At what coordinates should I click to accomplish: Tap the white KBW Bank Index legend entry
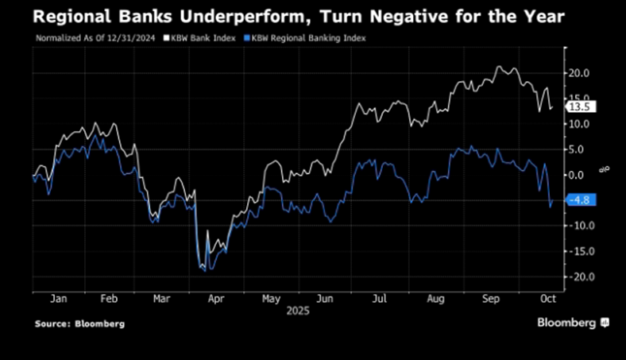click(199, 38)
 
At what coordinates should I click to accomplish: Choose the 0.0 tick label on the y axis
click(578, 175)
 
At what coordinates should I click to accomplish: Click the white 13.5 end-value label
click(578, 106)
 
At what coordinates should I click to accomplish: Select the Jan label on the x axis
click(57, 300)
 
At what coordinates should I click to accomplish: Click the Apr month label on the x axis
click(215, 300)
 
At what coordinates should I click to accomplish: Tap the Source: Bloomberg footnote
click(79, 324)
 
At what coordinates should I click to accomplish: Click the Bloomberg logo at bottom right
click(572, 323)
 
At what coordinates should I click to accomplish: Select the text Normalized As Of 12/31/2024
click(87, 38)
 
